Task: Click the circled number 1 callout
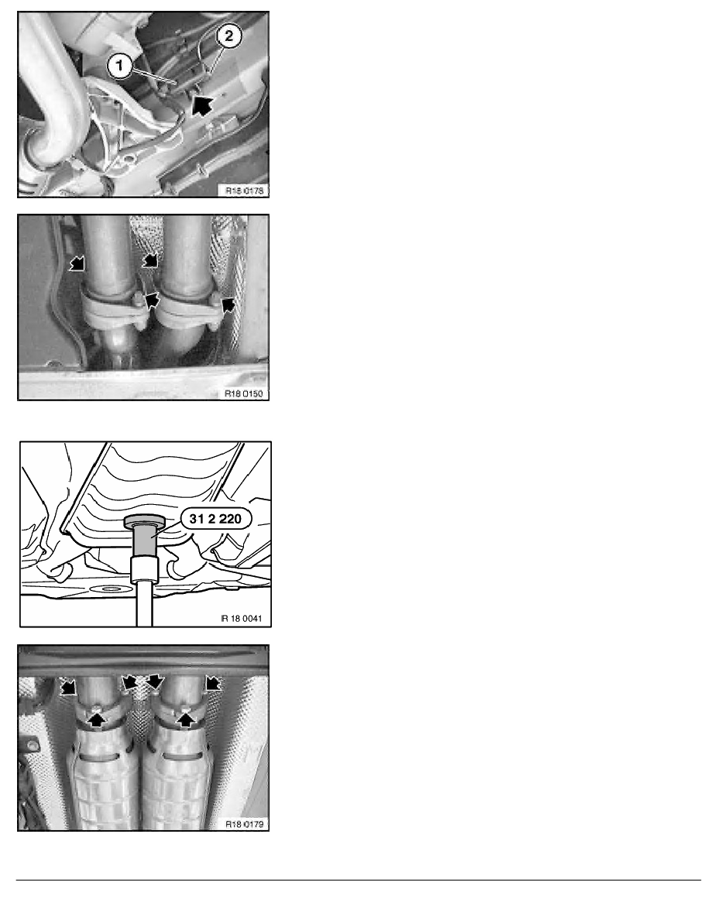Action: [x=120, y=65]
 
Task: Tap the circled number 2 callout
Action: [x=228, y=36]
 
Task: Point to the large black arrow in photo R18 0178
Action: [x=202, y=105]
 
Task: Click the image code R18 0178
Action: [x=245, y=190]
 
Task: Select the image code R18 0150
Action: [x=243, y=393]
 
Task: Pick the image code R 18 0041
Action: [x=242, y=618]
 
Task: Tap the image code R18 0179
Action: [x=245, y=824]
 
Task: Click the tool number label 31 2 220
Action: [x=215, y=519]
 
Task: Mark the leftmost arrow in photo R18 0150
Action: [x=77, y=263]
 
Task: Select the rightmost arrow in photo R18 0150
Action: [x=228, y=303]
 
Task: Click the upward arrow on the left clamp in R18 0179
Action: [x=97, y=716]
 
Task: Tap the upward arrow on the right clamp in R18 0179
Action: [x=186, y=718]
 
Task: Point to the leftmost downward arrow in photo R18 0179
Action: [x=69, y=685]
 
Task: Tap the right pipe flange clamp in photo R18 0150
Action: [x=187, y=307]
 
